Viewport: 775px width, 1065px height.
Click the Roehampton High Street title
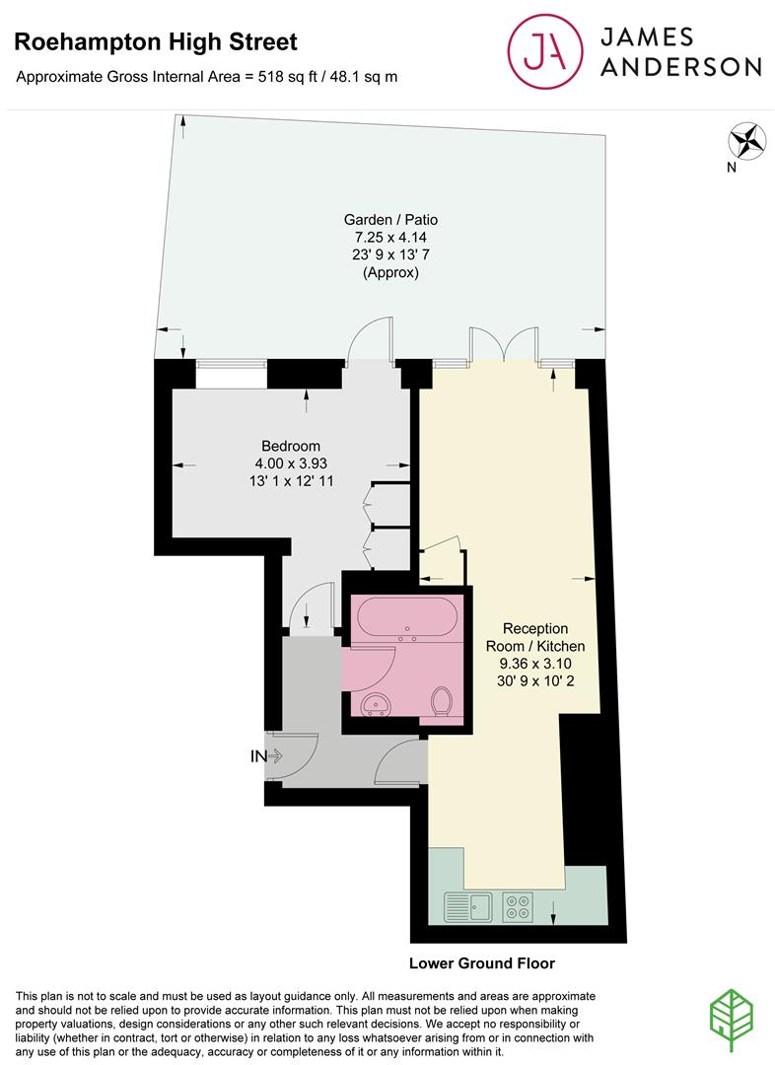(x=156, y=42)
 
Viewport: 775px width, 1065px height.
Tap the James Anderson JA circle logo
(x=544, y=51)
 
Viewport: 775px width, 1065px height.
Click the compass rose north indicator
(x=746, y=141)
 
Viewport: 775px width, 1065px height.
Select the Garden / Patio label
(x=390, y=219)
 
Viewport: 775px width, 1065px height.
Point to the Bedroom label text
(x=291, y=446)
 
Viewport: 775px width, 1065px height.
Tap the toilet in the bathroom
(x=442, y=699)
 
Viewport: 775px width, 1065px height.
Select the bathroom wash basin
(x=376, y=704)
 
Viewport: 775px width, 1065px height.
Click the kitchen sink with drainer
(x=468, y=905)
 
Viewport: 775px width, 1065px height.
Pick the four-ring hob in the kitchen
(x=518, y=906)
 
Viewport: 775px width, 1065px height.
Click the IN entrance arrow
(x=266, y=756)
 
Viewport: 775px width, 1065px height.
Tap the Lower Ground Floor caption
(x=481, y=963)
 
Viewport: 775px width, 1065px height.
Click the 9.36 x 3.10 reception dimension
(x=535, y=663)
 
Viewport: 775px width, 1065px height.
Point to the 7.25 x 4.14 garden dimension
(x=390, y=237)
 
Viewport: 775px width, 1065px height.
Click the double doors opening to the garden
(x=504, y=345)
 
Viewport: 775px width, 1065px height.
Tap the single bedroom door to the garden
(x=370, y=339)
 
